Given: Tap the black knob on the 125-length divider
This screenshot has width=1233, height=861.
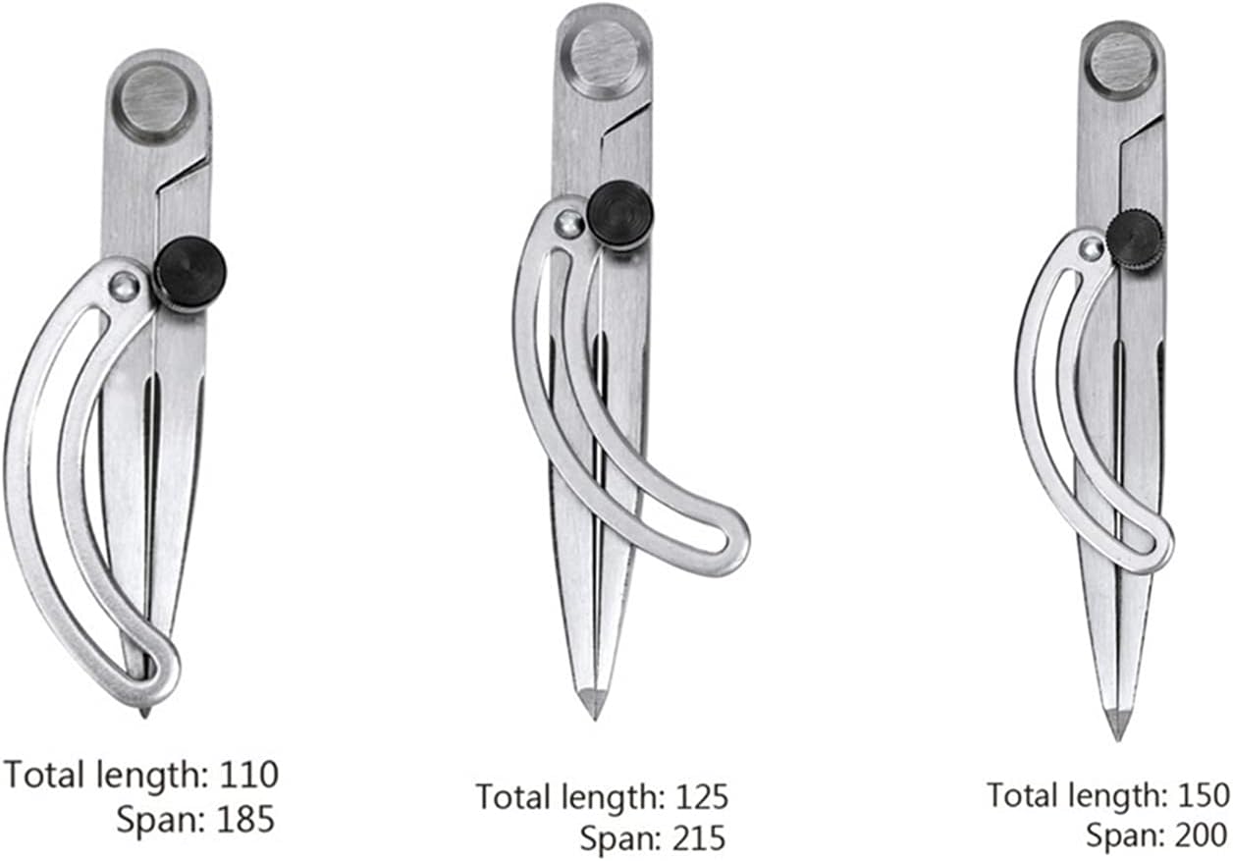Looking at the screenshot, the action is pos(620,214).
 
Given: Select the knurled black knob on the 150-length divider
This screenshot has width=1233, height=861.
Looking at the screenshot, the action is pos(1135,242).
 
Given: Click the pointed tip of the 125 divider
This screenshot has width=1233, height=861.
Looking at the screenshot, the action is pos(593,717).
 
